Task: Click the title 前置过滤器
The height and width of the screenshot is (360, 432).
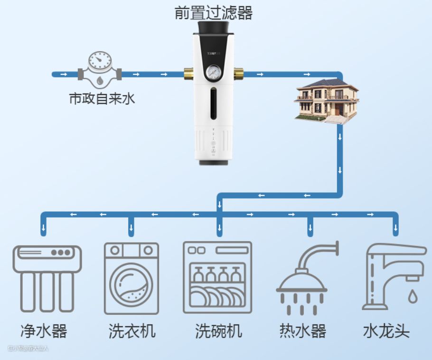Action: pyautogui.click(x=214, y=13)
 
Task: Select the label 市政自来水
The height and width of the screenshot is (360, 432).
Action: pyautogui.click(x=102, y=99)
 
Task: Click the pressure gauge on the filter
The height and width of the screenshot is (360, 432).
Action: pyautogui.click(x=213, y=73)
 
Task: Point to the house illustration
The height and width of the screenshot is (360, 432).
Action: pyautogui.click(x=327, y=102)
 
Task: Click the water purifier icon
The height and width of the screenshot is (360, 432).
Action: pyautogui.click(x=47, y=278)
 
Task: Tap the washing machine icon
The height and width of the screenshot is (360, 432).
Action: pyautogui.click(x=131, y=278)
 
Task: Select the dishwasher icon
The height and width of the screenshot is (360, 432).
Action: pyautogui.click(x=217, y=277)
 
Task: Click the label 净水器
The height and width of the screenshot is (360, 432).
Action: pyautogui.click(x=44, y=331)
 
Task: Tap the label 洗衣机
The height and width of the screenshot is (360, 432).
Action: pyautogui.click(x=131, y=331)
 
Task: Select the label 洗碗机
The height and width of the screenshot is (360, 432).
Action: pyautogui.click(x=218, y=331)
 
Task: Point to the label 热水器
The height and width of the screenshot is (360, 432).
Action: pyautogui.click(x=303, y=331)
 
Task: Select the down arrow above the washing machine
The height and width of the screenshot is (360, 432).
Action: pyautogui.click(x=131, y=229)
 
